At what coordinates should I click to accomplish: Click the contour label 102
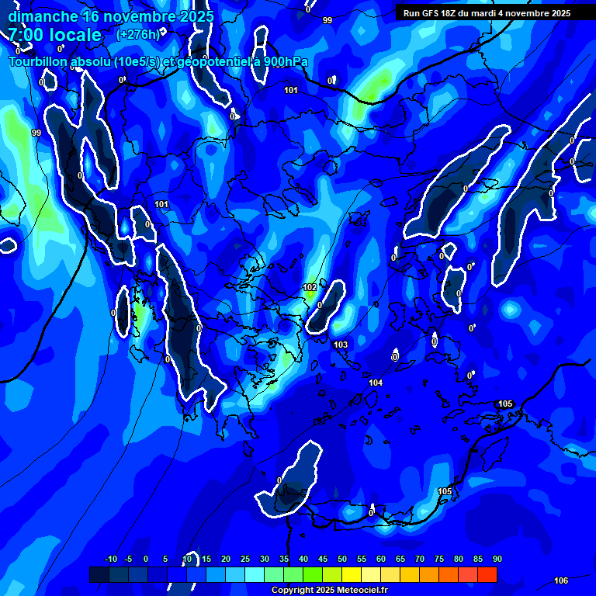coord(310,287)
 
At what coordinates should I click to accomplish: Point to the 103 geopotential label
coord(341,345)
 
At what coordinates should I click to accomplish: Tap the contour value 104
coord(376,383)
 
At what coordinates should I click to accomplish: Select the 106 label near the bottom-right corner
coord(561,581)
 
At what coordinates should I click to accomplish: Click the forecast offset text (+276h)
coord(137,34)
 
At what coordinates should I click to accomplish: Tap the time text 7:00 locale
coord(54,35)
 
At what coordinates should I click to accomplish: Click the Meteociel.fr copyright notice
coord(329,591)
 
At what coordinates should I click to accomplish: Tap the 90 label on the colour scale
coord(497,559)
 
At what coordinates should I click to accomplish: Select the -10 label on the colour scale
coord(110,559)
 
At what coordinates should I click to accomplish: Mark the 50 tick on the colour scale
coord(342,559)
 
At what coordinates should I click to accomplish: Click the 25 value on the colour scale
coord(245,559)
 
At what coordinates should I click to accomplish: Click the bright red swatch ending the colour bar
coord(487,574)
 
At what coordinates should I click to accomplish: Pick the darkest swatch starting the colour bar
coord(99,574)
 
